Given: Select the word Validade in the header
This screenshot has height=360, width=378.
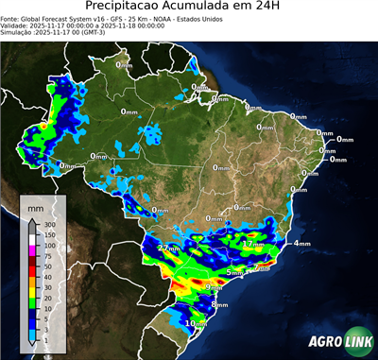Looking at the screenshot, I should tap(17, 25).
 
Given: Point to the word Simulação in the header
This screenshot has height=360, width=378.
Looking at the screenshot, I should tap(19, 32).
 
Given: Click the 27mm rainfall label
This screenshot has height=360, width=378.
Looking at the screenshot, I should tap(167, 248).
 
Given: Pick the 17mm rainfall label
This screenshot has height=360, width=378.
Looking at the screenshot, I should tap(252, 244).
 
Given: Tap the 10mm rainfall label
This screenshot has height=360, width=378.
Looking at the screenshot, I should tap(195, 323).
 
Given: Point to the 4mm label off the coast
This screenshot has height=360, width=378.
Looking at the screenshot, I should tap(301, 244).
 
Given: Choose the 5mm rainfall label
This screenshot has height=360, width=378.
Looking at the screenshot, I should tap(234, 273).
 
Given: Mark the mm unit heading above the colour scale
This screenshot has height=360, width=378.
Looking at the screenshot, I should tap(35, 207).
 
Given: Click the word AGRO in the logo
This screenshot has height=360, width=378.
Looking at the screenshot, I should tap(326, 342).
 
